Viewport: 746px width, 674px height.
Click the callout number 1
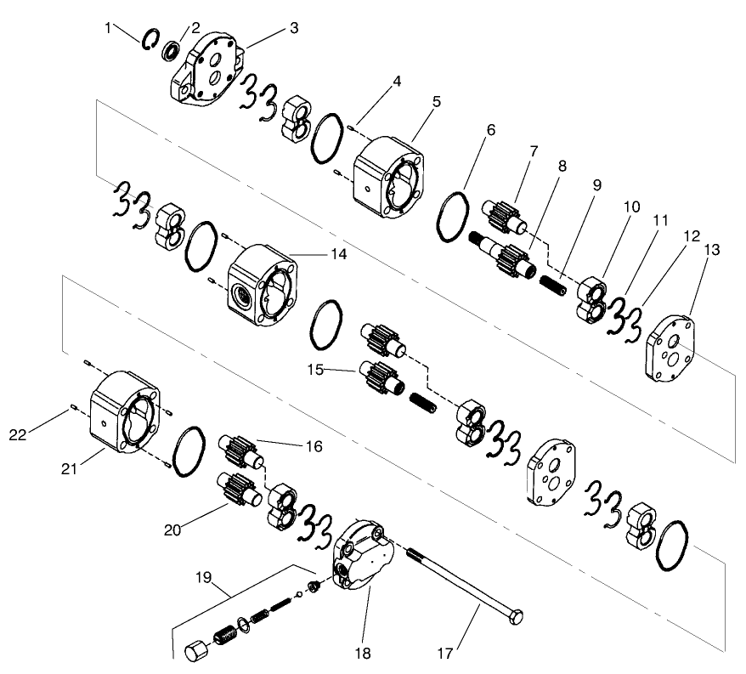tap(108, 26)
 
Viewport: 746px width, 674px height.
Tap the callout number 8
tap(562, 167)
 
